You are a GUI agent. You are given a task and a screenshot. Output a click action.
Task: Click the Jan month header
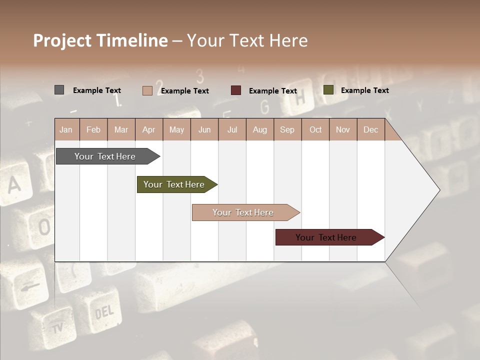pos(66,130)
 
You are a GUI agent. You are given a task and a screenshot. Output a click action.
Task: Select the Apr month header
pos(148,130)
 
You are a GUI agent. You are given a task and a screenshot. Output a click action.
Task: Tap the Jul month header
pos(232,130)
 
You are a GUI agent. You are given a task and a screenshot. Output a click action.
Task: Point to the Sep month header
pos(287,130)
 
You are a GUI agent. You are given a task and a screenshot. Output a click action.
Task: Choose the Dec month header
pos(370,130)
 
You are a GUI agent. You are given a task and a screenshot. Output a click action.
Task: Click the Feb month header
pos(93,130)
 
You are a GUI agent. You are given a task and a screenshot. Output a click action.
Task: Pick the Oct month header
pos(315,130)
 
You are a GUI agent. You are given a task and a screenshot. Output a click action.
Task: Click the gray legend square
pos(59,90)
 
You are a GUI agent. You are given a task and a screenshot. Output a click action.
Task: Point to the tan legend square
pos(147,90)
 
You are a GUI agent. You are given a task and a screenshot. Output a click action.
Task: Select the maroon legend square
pos(236,90)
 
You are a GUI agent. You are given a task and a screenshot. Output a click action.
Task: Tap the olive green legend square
pos(328,90)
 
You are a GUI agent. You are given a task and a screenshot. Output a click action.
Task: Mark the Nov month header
pos(343,130)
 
